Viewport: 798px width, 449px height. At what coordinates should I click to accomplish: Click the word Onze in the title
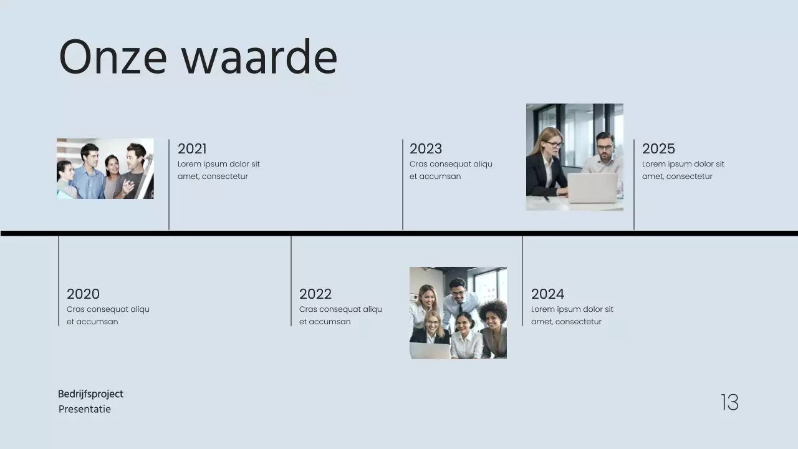click(113, 57)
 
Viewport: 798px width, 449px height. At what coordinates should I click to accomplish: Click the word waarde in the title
click(259, 57)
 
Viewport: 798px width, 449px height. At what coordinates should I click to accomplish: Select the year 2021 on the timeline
click(192, 148)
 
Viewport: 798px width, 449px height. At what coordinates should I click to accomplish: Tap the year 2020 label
click(83, 294)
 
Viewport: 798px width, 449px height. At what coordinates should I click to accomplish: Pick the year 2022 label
click(315, 294)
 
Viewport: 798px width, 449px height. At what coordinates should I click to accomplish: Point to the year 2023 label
click(426, 148)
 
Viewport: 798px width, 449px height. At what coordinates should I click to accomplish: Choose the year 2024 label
click(547, 294)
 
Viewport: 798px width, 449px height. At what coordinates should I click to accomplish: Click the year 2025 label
click(658, 148)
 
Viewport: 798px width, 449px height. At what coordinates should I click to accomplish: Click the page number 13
click(729, 402)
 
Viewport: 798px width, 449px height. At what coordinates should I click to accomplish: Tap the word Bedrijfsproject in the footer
click(90, 394)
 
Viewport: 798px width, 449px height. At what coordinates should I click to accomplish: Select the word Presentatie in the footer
click(85, 409)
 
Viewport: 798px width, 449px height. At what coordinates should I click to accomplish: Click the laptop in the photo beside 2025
click(592, 188)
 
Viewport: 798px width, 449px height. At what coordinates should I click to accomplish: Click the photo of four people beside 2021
click(105, 168)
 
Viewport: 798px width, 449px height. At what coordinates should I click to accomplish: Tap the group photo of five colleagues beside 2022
click(458, 313)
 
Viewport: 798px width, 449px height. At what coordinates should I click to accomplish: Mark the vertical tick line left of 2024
click(522, 281)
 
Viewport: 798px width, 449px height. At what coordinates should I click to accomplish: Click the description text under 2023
click(450, 170)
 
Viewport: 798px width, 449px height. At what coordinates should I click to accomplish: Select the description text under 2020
click(108, 316)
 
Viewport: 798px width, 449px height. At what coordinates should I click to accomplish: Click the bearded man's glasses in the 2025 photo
click(604, 147)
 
